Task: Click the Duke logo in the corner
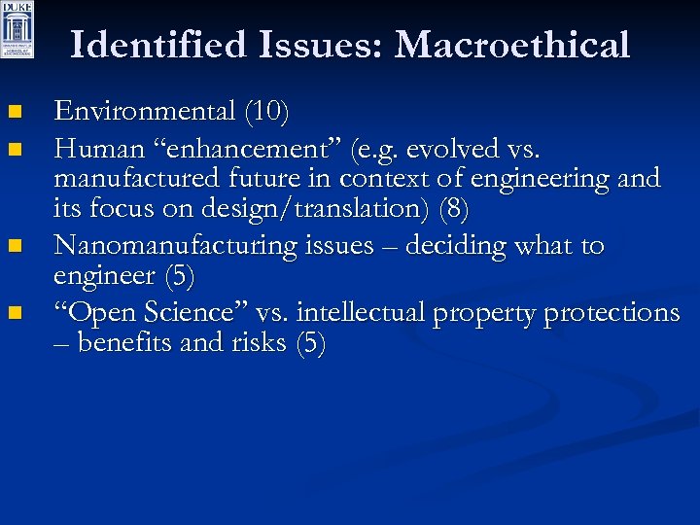[17, 30]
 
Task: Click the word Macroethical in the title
[512, 45]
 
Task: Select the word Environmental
[144, 112]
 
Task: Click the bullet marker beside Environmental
[13, 115]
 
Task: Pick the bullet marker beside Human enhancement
[13, 151]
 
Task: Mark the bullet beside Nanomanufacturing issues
[13, 248]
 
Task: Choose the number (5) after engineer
[179, 276]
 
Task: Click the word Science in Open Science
[192, 312]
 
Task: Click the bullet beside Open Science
[13, 314]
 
